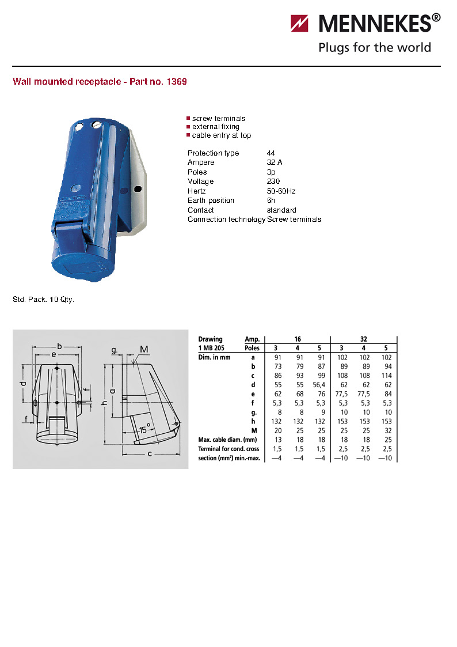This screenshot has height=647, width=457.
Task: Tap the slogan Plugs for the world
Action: tap(375, 47)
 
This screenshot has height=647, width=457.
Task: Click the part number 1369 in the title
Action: tap(176, 82)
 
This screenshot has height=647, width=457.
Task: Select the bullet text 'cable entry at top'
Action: tap(221, 135)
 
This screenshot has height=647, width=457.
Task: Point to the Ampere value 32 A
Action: tap(275, 162)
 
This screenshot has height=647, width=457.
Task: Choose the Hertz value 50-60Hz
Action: tap(281, 191)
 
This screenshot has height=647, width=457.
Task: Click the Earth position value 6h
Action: tap(271, 200)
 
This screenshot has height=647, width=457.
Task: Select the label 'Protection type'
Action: tap(213, 153)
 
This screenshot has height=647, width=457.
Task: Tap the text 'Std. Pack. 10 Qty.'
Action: tap(44, 300)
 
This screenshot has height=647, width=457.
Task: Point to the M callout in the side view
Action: tap(144, 350)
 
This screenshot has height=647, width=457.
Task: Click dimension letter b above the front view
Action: tap(59, 346)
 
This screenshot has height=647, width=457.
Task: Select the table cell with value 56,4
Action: tap(321, 384)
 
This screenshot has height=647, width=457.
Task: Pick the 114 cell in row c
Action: tap(386, 375)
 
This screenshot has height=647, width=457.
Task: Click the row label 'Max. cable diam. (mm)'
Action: tap(227, 440)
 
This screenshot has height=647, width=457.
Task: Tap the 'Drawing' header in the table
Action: tap(210, 339)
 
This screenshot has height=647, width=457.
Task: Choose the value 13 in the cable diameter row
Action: tap(277, 440)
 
